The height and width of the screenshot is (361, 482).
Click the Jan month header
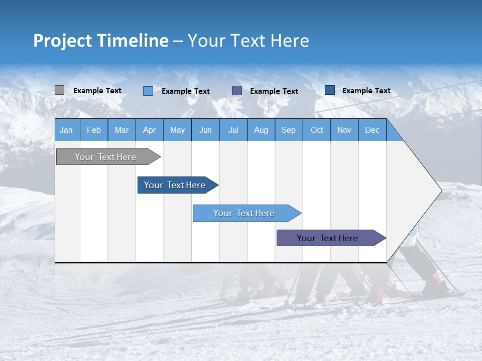pyautogui.click(x=66, y=130)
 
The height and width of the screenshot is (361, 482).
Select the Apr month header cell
pyautogui.click(x=149, y=130)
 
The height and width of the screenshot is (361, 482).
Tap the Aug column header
pyautogui.click(x=261, y=130)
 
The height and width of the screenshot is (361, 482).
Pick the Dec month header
pyautogui.click(x=372, y=130)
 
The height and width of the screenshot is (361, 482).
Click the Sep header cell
pyautogui.click(x=288, y=130)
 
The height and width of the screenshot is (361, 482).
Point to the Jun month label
pyautogui.click(x=205, y=130)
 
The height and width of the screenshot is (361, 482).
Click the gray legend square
pyautogui.click(x=59, y=90)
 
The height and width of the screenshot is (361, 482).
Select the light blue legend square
pyautogui.click(x=148, y=91)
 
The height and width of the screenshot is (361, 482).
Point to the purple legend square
pyautogui.click(x=236, y=91)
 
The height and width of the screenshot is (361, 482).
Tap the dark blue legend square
pyautogui.click(x=329, y=90)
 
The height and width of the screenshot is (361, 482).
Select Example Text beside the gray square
pyautogui.click(x=97, y=91)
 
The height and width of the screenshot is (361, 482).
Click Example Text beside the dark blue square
pyautogui.click(x=366, y=91)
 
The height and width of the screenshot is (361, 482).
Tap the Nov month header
pyautogui.click(x=344, y=130)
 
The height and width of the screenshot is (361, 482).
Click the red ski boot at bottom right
pyautogui.click(x=433, y=284)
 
